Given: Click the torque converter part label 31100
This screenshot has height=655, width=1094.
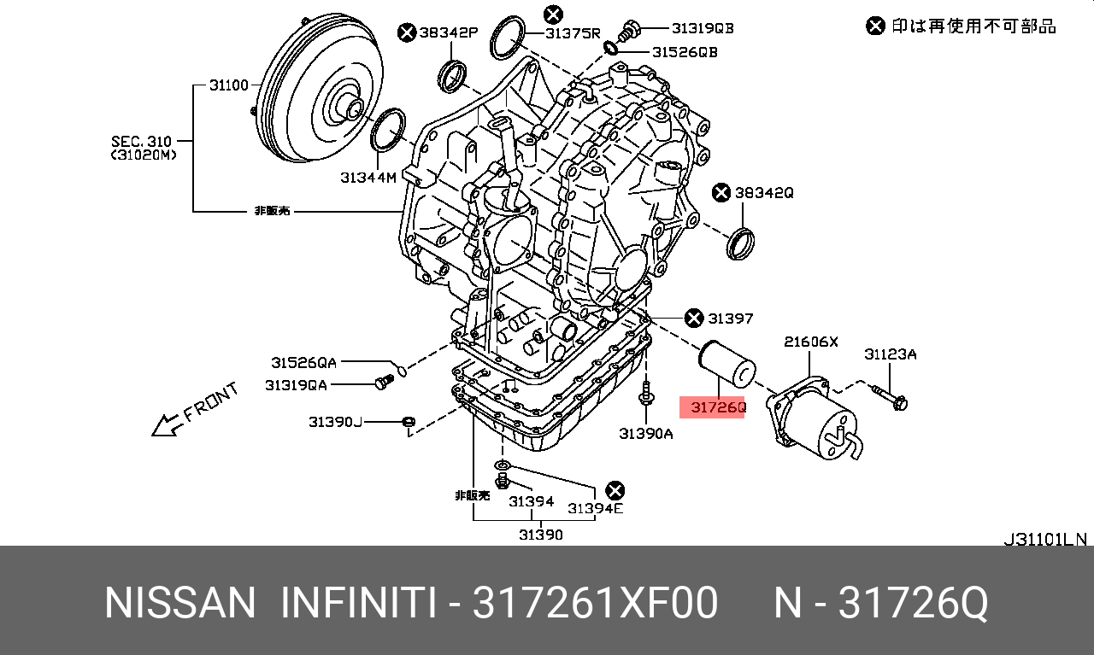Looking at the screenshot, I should click(228, 85).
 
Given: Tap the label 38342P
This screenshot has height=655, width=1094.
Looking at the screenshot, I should click(448, 32).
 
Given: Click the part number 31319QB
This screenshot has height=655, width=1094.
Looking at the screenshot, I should click(702, 28).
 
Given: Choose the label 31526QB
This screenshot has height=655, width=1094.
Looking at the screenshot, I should click(685, 52).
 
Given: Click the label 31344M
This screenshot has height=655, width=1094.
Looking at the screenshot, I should click(368, 177).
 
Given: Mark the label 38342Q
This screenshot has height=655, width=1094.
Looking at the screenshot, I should click(764, 193).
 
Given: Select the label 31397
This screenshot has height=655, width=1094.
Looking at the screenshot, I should click(730, 319).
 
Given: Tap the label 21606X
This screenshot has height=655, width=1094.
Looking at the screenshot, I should click(811, 342).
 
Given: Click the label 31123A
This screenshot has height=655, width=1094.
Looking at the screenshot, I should click(890, 354).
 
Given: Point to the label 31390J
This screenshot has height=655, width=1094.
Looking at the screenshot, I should click(336, 421).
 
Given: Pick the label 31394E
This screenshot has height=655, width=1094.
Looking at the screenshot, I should click(596, 508).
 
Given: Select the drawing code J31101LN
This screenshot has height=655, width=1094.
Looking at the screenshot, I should click(1044, 539).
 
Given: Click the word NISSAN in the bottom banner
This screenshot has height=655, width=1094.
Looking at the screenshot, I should click(179, 604).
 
